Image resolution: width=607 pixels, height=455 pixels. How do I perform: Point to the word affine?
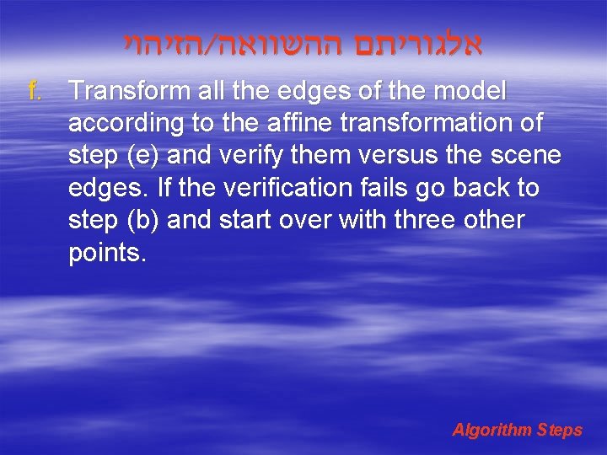pos(285,123)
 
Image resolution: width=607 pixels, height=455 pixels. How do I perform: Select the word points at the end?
pos(107,253)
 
